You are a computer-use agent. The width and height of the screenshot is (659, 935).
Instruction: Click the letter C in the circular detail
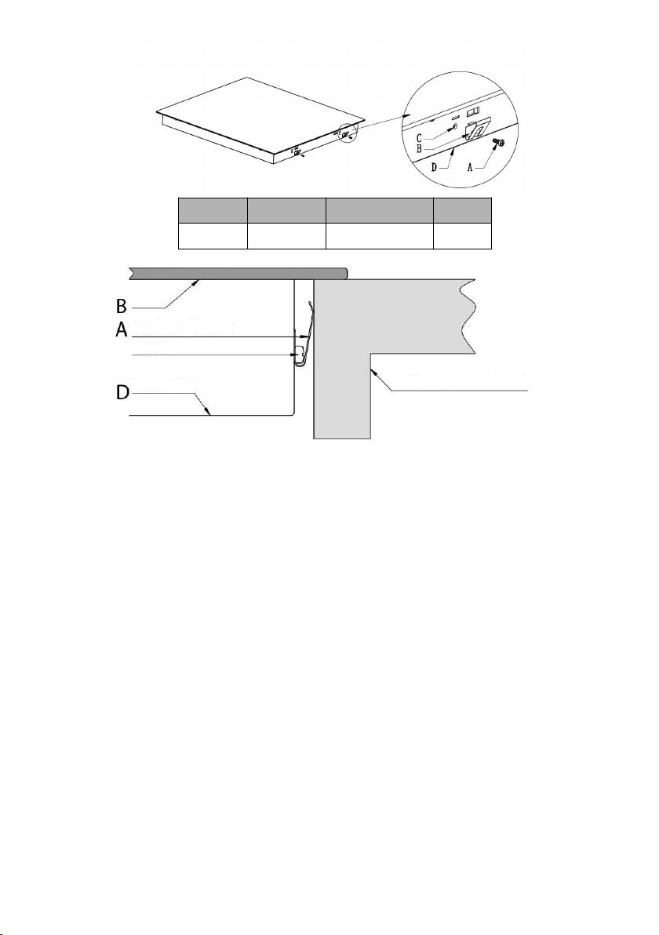[420, 138]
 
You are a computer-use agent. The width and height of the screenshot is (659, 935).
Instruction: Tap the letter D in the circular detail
[434, 168]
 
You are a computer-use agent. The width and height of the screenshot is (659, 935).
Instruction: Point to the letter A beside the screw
[471, 168]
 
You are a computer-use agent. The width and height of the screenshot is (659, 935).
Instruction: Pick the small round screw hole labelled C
[456, 126]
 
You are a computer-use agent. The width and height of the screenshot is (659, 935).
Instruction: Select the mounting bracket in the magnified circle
[476, 129]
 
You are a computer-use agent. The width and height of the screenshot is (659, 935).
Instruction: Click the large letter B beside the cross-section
[122, 307]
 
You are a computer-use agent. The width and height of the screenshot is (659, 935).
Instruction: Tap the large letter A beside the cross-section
[122, 329]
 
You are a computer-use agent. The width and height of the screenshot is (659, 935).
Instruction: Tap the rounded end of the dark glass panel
[344, 273]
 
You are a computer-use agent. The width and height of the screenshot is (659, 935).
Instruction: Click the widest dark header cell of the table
[379, 211]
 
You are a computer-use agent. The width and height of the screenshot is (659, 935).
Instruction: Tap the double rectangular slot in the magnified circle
[472, 111]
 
